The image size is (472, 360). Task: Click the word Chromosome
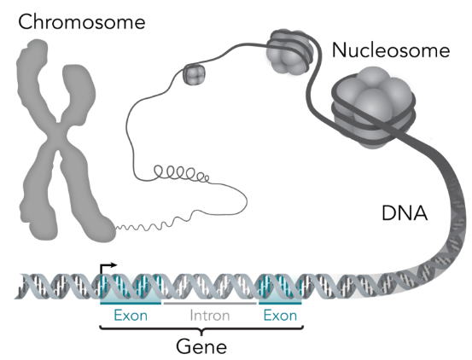pos(82,22)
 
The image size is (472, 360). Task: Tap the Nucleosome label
pos(391,50)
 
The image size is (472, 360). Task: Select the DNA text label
pos(405,213)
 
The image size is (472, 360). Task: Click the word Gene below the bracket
pos(201,346)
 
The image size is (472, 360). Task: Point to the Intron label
pos(210,316)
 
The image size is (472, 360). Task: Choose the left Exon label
pos(131,316)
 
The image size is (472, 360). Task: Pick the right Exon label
pos(280,316)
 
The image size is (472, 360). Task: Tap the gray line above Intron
pos(210,303)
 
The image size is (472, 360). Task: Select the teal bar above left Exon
pos(131,303)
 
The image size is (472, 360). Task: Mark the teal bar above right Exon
pos(280,303)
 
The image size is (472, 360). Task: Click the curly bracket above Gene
pos(201,329)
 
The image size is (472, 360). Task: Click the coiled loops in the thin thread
pos(181,173)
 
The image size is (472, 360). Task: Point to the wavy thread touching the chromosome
pos(150,224)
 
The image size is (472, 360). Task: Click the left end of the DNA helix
pos(15,297)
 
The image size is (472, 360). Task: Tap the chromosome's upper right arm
pos(78,93)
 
